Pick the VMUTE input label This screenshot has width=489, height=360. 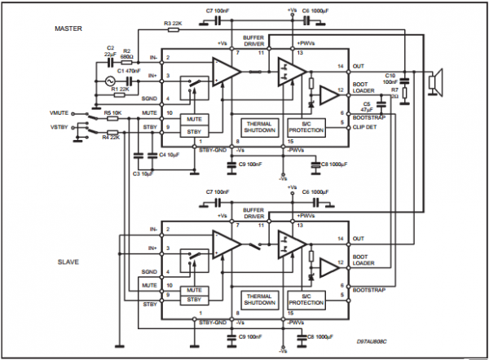coord(62,112)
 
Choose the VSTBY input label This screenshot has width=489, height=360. coord(62,126)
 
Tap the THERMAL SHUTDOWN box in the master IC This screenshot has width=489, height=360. coord(260,128)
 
